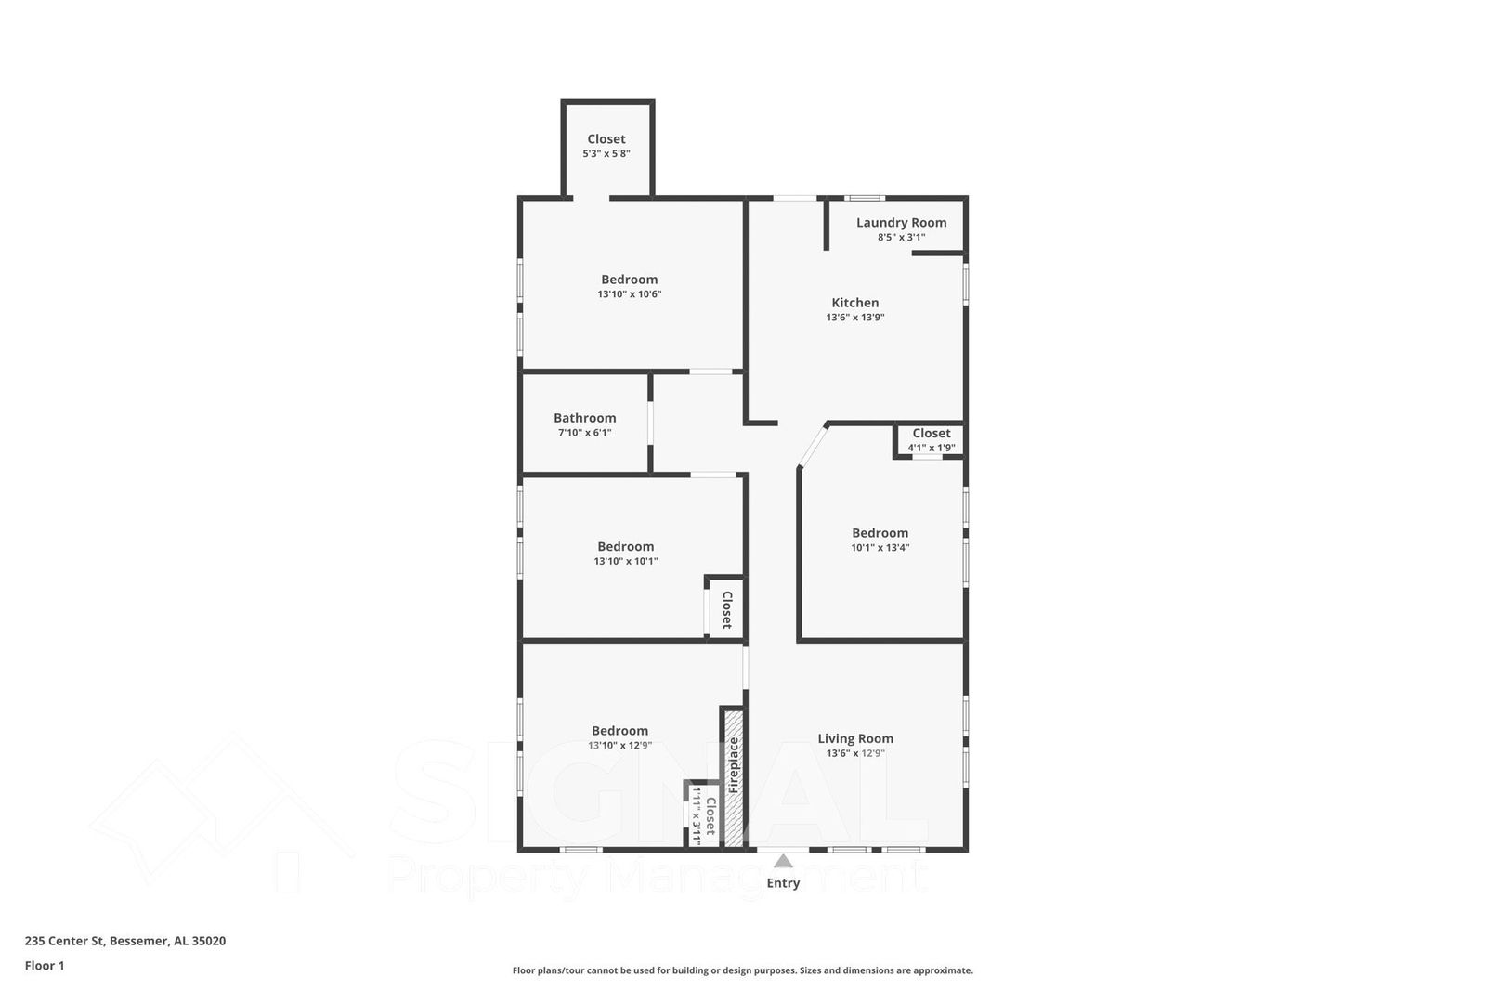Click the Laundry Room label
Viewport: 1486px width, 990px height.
[x=901, y=223]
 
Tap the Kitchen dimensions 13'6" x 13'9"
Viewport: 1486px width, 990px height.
[x=854, y=318]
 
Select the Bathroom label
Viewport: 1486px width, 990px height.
[x=584, y=418]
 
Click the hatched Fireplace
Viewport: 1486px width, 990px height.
[x=734, y=775]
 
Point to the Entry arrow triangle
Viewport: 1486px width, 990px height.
[x=783, y=861]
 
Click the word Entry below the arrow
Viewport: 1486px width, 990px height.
[x=783, y=883]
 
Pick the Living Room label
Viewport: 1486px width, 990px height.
[x=854, y=739]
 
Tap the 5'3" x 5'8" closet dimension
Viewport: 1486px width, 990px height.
[x=606, y=154]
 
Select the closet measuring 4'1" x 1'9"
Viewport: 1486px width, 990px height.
[x=931, y=440]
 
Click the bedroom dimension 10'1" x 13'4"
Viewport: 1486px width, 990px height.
[x=880, y=548]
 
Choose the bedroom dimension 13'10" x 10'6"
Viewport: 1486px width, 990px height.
[x=629, y=294]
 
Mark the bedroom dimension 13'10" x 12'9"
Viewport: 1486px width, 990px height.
[x=619, y=746]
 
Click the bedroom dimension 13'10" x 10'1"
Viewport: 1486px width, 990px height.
[x=625, y=562]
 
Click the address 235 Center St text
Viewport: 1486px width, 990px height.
[x=124, y=941]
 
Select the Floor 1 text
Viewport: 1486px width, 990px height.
[x=45, y=966]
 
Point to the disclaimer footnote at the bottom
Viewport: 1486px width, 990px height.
[x=742, y=970]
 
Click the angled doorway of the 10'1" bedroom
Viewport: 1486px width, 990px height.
[x=812, y=446]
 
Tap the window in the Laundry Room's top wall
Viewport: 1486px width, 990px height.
[x=864, y=198]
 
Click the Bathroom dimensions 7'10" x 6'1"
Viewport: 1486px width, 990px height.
[x=584, y=433]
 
